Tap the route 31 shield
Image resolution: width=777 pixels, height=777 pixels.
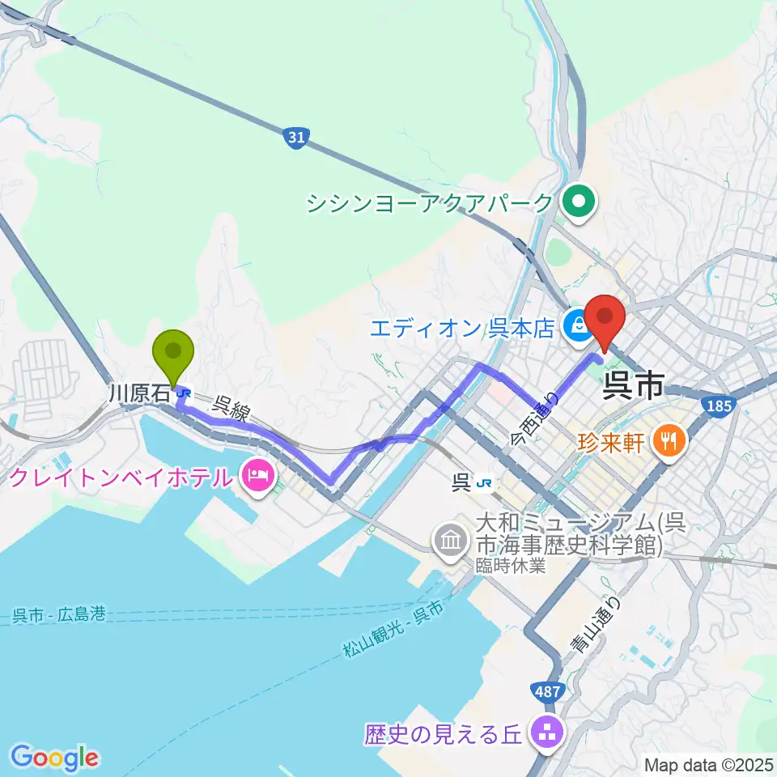tap(296, 138)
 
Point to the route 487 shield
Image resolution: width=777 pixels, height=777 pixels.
tap(546, 691)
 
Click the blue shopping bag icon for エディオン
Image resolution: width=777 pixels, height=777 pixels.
tap(578, 326)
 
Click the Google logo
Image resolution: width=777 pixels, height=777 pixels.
tap(54, 758)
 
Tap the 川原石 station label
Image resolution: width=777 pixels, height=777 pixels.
tap(140, 393)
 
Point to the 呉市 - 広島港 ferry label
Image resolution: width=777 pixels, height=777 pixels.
tap(59, 616)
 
